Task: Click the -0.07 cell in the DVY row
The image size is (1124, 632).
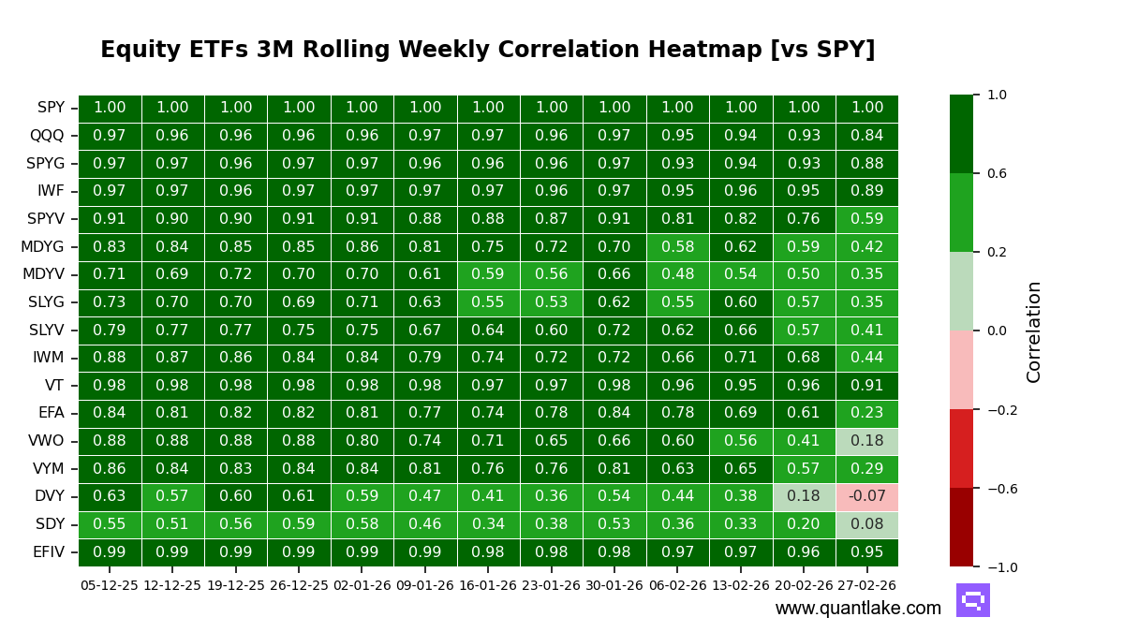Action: [866, 496]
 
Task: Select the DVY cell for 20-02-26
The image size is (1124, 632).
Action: [804, 496]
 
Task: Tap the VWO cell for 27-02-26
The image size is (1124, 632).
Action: [866, 441]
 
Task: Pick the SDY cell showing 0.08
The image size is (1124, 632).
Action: [866, 524]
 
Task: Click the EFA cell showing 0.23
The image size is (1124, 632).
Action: [866, 413]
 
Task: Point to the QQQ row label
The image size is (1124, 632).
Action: [47, 136]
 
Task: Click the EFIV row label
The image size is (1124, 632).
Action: [48, 552]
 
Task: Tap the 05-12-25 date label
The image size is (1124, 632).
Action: [110, 585]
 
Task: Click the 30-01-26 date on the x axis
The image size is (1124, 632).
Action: [614, 585]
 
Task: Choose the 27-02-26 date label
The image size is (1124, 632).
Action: [866, 585]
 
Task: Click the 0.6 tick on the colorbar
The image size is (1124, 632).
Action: [997, 173]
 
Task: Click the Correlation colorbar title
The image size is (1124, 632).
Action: [1034, 331]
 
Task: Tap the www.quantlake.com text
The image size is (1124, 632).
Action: [858, 609]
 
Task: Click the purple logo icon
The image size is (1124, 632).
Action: [972, 600]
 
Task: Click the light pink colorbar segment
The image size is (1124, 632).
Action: [961, 370]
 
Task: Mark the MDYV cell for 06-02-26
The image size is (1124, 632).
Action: [677, 274]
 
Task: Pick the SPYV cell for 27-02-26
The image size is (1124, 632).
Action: [866, 219]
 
